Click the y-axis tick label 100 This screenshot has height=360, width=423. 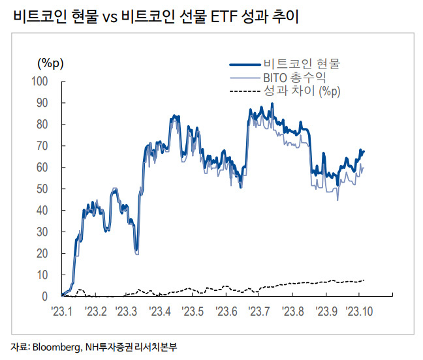pyautogui.click(x=40, y=81)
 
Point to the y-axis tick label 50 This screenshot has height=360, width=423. pyautogui.click(x=42, y=189)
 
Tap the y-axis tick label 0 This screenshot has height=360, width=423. pyautogui.click(x=45, y=296)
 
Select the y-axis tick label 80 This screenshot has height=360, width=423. pyautogui.click(x=42, y=124)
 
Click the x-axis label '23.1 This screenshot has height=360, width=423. pyautogui.click(x=62, y=312)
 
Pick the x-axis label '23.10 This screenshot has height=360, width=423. pyautogui.click(x=359, y=312)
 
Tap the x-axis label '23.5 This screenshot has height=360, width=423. pyautogui.click(x=193, y=312)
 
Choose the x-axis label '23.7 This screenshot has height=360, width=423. pyautogui.click(x=259, y=312)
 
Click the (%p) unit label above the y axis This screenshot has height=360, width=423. pyautogui.click(x=50, y=63)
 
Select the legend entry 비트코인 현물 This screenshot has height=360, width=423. pyautogui.click(x=302, y=64)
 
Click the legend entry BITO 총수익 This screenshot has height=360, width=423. pyautogui.click(x=294, y=78)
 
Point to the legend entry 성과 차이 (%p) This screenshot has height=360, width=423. pyautogui.click(x=302, y=91)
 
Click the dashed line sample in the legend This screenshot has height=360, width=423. pyautogui.click(x=245, y=91)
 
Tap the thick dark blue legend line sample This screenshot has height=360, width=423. pyautogui.click(x=245, y=65)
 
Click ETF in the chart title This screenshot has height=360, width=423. pyautogui.click(x=223, y=17)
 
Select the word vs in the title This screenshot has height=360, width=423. pyautogui.click(x=110, y=18)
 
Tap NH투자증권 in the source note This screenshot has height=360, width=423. pyautogui.click(x=109, y=347)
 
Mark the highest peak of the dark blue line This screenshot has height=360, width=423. pyautogui.click(x=272, y=103)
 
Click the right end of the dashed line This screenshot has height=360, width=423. pyautogui.click(x=364, y=280)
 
